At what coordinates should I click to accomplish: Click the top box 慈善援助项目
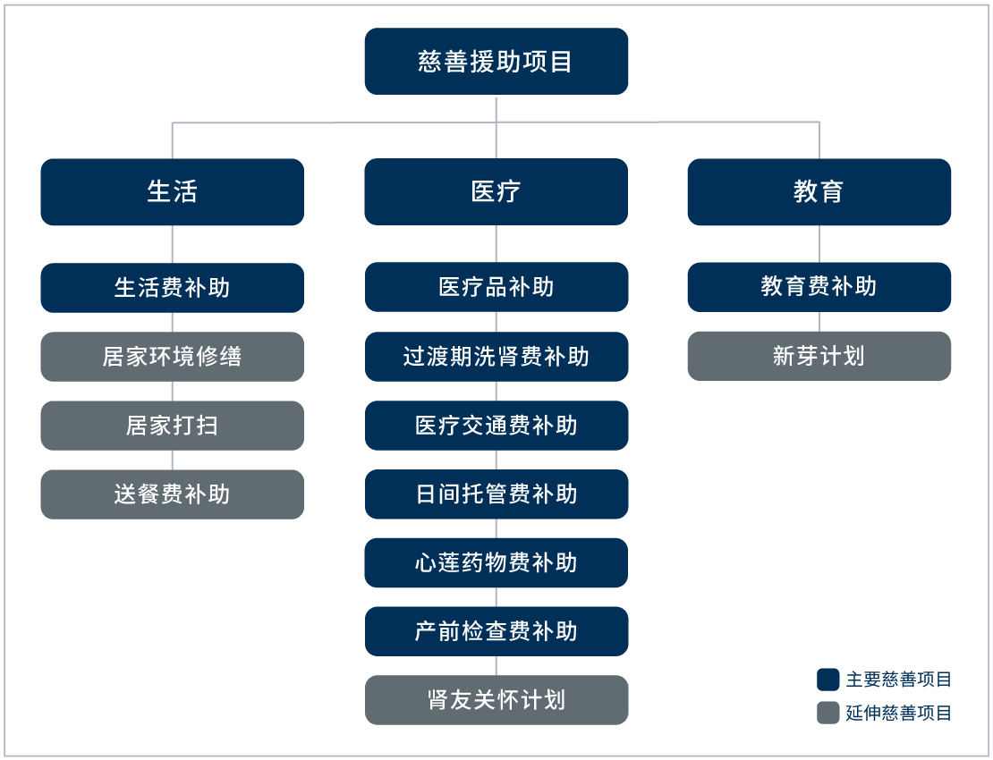496,61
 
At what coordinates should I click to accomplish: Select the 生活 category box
172,191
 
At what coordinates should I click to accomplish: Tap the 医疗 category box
496,191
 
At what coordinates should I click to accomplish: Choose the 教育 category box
819,191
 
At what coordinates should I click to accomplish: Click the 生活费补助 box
172,287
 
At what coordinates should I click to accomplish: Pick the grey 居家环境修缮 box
172,356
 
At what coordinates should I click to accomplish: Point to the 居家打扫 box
172,425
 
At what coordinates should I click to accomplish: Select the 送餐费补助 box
172,494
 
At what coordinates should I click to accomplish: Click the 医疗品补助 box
496,287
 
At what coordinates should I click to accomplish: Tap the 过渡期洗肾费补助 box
496,356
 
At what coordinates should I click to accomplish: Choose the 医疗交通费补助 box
496,425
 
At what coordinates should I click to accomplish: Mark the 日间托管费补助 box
496,494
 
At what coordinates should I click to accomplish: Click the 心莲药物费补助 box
496,562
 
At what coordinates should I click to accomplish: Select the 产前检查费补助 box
496,631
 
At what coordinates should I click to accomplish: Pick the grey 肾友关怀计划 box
496,699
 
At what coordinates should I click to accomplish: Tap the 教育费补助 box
819,286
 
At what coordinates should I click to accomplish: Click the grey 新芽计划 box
819,355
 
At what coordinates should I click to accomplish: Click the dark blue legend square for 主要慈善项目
827,680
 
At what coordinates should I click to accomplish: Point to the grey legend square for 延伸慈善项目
827,713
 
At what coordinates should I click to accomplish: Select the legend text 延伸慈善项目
898,713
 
